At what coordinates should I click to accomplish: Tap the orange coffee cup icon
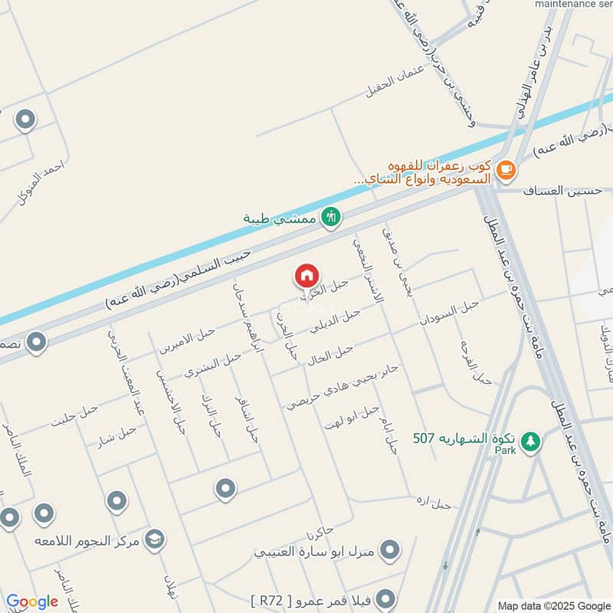505,170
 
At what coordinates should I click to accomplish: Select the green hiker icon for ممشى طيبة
330,218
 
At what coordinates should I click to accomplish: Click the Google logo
31,602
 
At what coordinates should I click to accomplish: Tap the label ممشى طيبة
279,219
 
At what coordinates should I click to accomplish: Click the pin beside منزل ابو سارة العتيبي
391,549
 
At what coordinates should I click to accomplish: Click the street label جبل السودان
448,313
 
